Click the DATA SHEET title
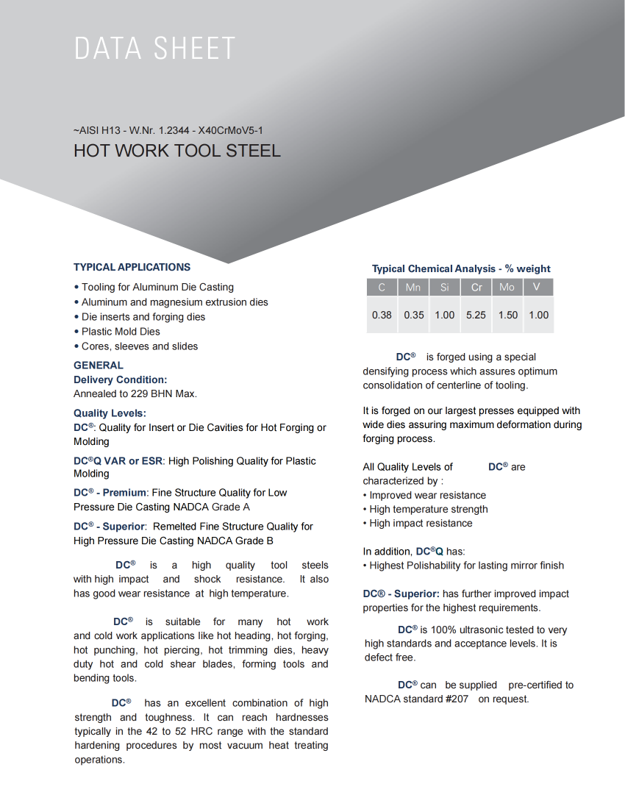pyautogui.click(x=154, y=49)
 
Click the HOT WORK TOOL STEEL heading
pyautogui.click(x=176, y=151)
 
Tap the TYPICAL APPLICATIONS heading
pyautogui.click(x=132, y=267)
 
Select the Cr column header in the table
pyautogui.click(x=476, y=288)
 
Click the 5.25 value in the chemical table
pyautogui.click(x=476, y=315)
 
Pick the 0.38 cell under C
pyautogui.click(x=382, y=315)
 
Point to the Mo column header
pyautogui.click(x=507, y=288)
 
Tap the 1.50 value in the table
pyautogui.click(x=507, y=315)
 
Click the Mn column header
pyautogui.click(x=413, y=288)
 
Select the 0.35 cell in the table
pyautogui.click(x=413, y=315)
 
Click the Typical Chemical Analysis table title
pyautogui.click(x=461, y=269)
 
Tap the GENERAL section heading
pyautogui.click(x=99, y=366)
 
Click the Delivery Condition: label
pyautogui.click(x=120, y=379)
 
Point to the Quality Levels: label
pyautogui.click(x=110, y=413)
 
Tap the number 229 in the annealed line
pyautogui.click(x=140, y=394)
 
